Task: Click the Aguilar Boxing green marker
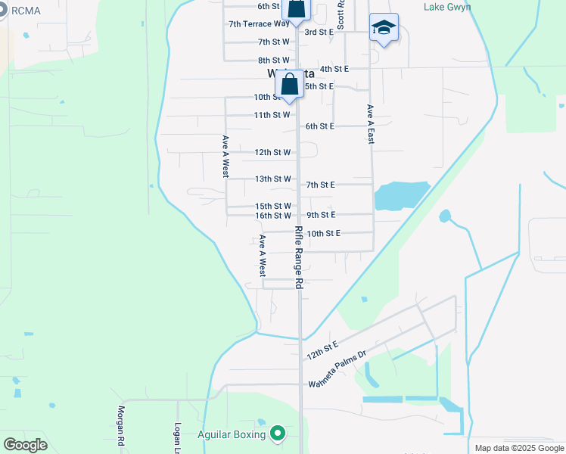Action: (x=278, y=434)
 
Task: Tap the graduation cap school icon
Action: (x=384, y=29)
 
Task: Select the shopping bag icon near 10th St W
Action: (x=289, y=85)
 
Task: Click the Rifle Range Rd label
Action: (x=299, y=257)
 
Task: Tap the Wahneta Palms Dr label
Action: (x=337, y=378)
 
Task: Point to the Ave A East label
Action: (x=371, y=124)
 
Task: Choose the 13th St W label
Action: (x=272, y=179)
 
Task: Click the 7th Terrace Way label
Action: (x=260, y=23)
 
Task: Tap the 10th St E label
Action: (x=323, y=233)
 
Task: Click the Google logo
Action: (x=25, y=444)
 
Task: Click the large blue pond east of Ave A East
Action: (x=401, y=195)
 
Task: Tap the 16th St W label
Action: (x=272, y=216)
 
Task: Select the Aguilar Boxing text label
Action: (x=231, y=434)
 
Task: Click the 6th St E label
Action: (x=319, y=126)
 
